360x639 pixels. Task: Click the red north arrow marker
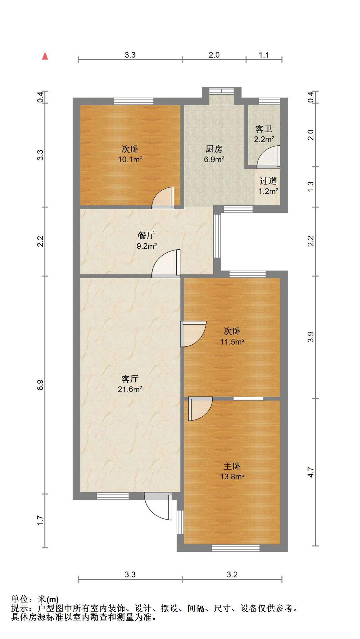[x=45, y=56]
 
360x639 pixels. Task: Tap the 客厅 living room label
[x=130, y=379]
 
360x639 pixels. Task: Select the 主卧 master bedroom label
[x=232, y=466]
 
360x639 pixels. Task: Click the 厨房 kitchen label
[x=214, y=149]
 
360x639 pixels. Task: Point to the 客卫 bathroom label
[x=264, y=129]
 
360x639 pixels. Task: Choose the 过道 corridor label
[x=268, y=181]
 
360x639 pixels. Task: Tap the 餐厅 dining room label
[x=146, y=235]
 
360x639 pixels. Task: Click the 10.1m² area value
[x=130, y=159]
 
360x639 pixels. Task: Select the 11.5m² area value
[x=232, y=341]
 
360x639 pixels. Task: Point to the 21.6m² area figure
[x=130, y=389]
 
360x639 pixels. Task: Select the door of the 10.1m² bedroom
[x=163, y=198]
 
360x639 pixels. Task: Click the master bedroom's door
[x=200, y=409]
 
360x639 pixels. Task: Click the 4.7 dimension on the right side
[x=311, y=472]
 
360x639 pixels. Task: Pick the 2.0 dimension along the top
[x=214, y=55]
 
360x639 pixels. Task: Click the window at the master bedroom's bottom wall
[x=236, y=548]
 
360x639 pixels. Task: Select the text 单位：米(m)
[x=35, y=599]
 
